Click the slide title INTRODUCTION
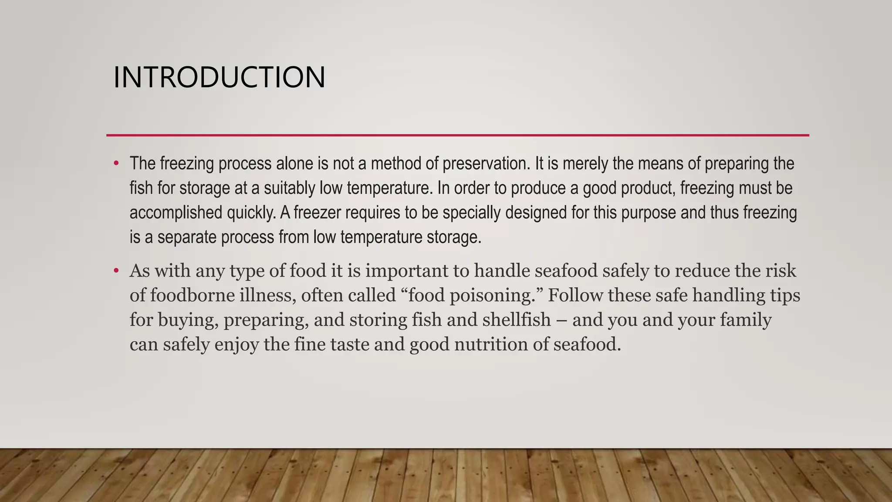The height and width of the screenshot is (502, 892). coord(219,78)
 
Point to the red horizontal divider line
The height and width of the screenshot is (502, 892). coord(457,136)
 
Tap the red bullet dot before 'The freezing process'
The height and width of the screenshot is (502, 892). coord(116,164)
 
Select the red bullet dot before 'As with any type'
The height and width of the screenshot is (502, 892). coord(116,271)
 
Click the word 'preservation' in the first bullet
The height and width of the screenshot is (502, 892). coord(486,164)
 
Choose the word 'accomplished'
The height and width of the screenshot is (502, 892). coord(176,213)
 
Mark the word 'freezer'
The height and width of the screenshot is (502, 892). coord(317,213)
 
